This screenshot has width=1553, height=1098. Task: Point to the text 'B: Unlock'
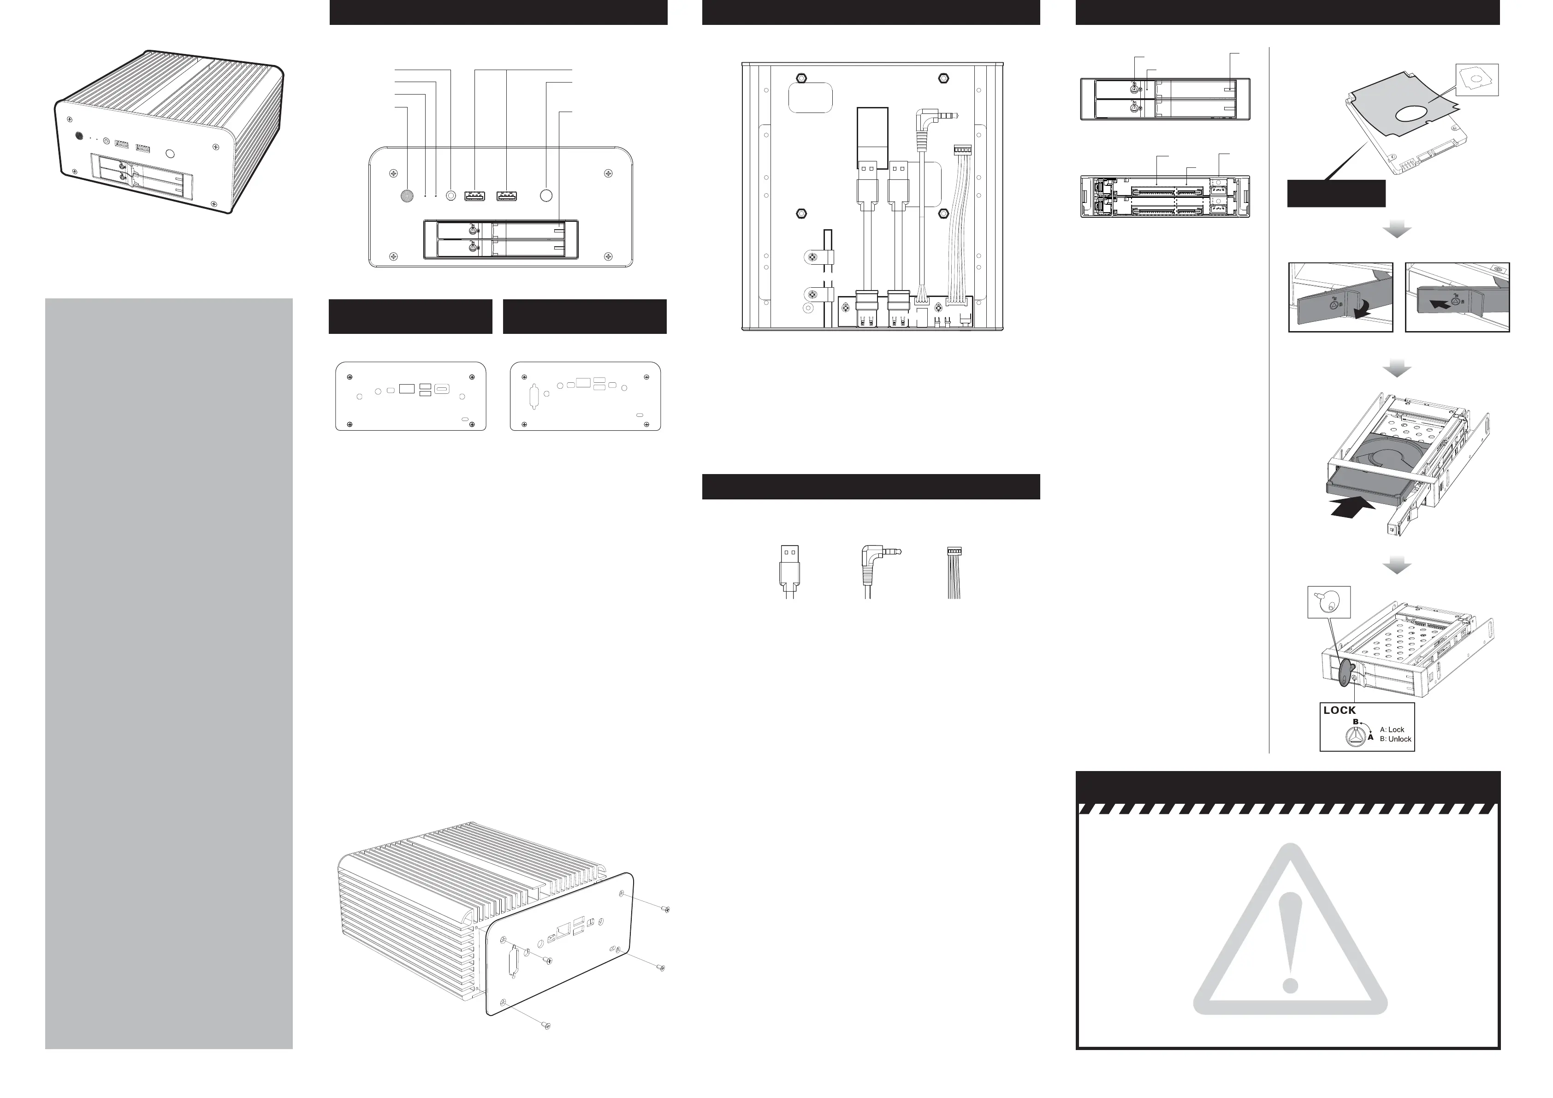(x=1395, y=739)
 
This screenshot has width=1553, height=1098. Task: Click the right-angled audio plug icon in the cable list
(x=876, y=568)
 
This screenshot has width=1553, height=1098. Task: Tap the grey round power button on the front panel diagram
(x=407, y=196)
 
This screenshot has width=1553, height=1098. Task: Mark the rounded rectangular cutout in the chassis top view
(x=810, y=98)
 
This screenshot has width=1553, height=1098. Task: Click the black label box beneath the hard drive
(x=1336, y=194)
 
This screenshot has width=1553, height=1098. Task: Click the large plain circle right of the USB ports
(x=546, y=196)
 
